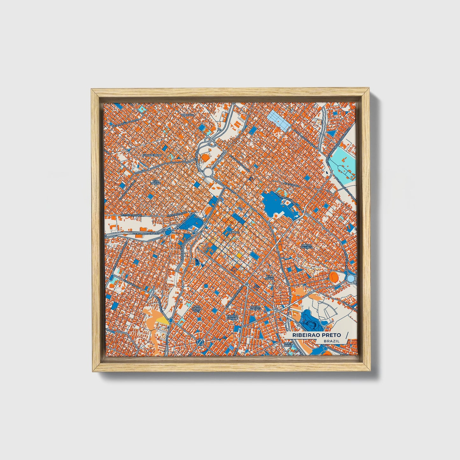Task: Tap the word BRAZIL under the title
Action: (x=331, y=341)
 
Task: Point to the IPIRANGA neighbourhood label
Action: (x=188, y=115)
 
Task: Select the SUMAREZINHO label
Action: (x=152, y=155)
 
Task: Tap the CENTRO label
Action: (x=233, y=232)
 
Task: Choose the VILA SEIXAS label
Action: (x=270, y=277)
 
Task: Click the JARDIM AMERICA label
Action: (x=255, y=308)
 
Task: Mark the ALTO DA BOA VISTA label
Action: (x=196, y=308)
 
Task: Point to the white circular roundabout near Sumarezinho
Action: (x=208, y=173)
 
